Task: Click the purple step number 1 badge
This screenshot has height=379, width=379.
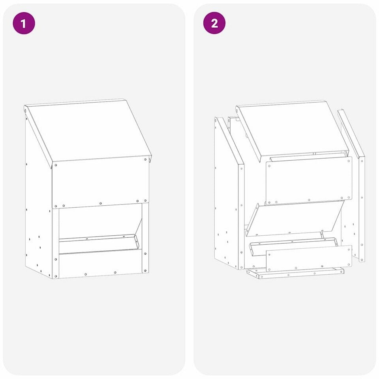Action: [x=24, y=23]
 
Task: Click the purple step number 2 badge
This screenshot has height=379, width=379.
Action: [x=214, y=23]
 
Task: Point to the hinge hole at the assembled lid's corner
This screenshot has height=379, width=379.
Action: [x=25, y=111]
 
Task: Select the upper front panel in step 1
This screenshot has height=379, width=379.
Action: [x=101, y=182]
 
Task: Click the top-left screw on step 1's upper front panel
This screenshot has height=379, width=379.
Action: [x=56, y=165]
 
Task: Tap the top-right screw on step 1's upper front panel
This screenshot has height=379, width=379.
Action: [x=145, y=159]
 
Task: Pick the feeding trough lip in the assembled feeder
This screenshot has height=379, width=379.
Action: [x=99, y=242]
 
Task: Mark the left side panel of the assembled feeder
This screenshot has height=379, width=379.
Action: [x=39, y=208]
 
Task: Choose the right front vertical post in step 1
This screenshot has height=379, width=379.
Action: [x=145, y=238]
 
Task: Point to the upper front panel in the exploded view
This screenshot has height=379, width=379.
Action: [x=309, y=181]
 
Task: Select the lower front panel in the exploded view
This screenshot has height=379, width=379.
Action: [x=309, y=258]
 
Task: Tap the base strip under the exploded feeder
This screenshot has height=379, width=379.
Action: [x=295, y=273]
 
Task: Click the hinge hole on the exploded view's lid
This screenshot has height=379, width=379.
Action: [x=237, y=111]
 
